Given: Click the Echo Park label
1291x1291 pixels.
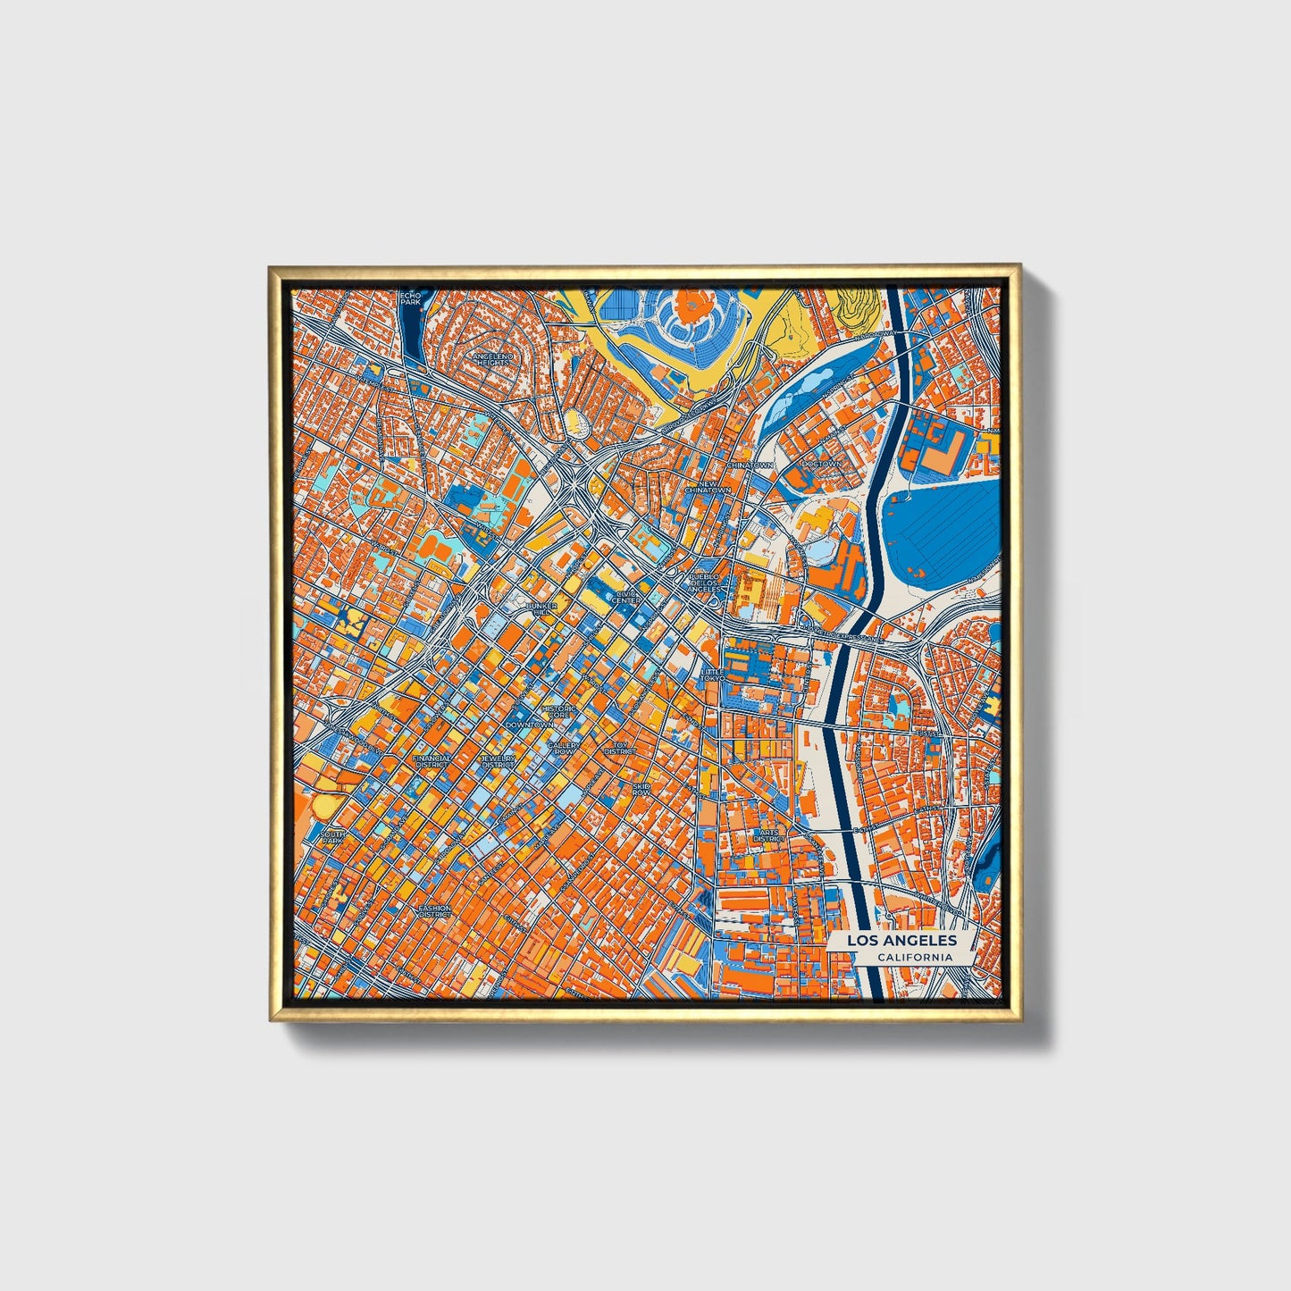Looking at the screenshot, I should tap(410, 298).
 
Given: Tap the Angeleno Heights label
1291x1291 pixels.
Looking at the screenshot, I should tap(493, 359).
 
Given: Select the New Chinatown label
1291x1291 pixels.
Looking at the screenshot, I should tap(708, 487).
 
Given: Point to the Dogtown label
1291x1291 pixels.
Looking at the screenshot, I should tap(821, 465).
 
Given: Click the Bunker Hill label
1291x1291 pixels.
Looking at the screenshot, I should tap(542, 609).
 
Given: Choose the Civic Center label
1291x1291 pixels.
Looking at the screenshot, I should tap(626, 597).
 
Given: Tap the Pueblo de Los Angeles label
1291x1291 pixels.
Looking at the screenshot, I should tap(704, 583).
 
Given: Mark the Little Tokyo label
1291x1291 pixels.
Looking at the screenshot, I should tap(712, 675).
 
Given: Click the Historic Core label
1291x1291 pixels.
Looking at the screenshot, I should tap(558, 712).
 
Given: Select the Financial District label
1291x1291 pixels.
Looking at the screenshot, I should tap(432, 761).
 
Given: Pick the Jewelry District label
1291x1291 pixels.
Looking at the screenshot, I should tap(499, 761).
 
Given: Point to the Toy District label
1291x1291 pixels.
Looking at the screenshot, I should tap(620, 748).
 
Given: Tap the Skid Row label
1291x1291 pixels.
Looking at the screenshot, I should tap(641, 789).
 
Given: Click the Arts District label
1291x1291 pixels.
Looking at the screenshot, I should tap(767, 835).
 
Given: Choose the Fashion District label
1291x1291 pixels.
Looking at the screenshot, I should tap(435, 911).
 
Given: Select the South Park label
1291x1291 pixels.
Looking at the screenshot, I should tap(331, 837).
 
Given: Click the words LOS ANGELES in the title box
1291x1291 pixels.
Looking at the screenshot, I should tap(901, 941).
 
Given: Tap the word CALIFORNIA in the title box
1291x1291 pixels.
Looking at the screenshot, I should tap(914, 958).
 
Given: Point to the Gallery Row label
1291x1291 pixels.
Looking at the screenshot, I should tap(563, 748).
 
